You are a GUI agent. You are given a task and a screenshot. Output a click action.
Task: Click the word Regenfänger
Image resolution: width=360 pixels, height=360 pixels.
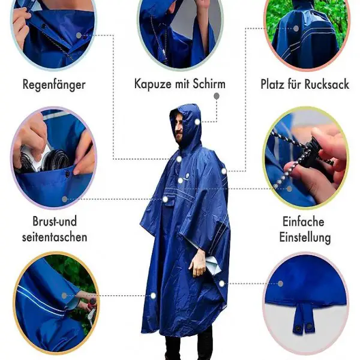point(54,85)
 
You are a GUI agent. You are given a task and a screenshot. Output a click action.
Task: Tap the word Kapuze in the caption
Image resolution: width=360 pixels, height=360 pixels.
point(152,84)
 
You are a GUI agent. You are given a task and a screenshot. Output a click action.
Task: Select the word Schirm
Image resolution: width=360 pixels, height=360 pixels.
point(209,83)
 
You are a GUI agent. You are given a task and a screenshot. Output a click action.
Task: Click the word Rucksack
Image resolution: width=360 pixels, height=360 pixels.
point(327,84)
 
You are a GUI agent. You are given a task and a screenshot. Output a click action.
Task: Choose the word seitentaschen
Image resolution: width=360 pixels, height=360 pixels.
point(55,237)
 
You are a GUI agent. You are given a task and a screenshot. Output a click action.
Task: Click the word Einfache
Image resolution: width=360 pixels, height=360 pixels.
point(303,221)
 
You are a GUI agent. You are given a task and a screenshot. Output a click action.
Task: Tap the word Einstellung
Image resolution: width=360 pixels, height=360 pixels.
point(305,238)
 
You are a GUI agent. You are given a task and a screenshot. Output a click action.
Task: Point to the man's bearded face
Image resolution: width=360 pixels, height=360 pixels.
point(179,128)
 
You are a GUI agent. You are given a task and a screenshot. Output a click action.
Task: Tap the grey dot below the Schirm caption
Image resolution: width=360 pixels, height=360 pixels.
point(216,96)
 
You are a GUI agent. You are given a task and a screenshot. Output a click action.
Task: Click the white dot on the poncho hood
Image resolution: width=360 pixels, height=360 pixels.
point(197,122)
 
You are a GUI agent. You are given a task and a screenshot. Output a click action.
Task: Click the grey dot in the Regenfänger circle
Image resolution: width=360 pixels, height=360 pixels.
point(79,35)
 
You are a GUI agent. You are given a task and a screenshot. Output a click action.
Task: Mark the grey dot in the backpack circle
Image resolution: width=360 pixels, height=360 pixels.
point(296,29)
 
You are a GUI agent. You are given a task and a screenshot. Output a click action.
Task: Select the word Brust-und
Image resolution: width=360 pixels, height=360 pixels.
point(55,221)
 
